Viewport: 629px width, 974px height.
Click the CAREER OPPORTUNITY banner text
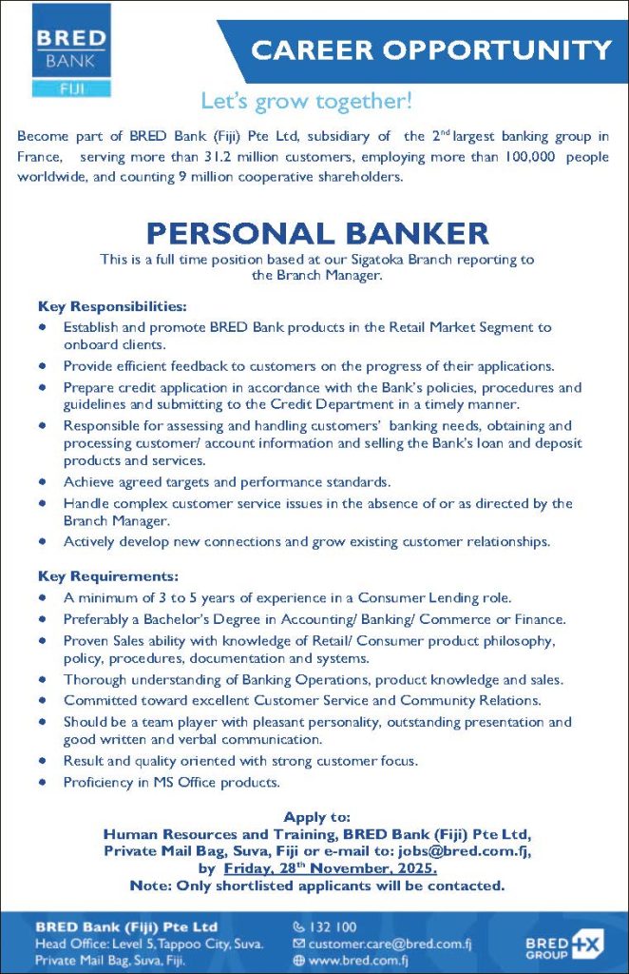[431, 49]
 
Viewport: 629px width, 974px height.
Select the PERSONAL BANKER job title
[317, 232]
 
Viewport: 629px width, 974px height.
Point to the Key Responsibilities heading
[112, 307]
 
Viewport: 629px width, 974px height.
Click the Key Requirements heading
[109, 576]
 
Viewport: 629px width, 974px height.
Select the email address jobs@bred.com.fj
[474, 851]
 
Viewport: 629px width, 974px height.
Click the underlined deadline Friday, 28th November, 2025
[331, 868]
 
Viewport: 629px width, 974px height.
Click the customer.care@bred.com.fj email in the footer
[391, 944]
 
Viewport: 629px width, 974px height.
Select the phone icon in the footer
[299, 926]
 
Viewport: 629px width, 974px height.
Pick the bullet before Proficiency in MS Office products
[43, 783]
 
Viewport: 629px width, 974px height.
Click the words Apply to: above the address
[317, 817]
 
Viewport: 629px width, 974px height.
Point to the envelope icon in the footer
[299, 944]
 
